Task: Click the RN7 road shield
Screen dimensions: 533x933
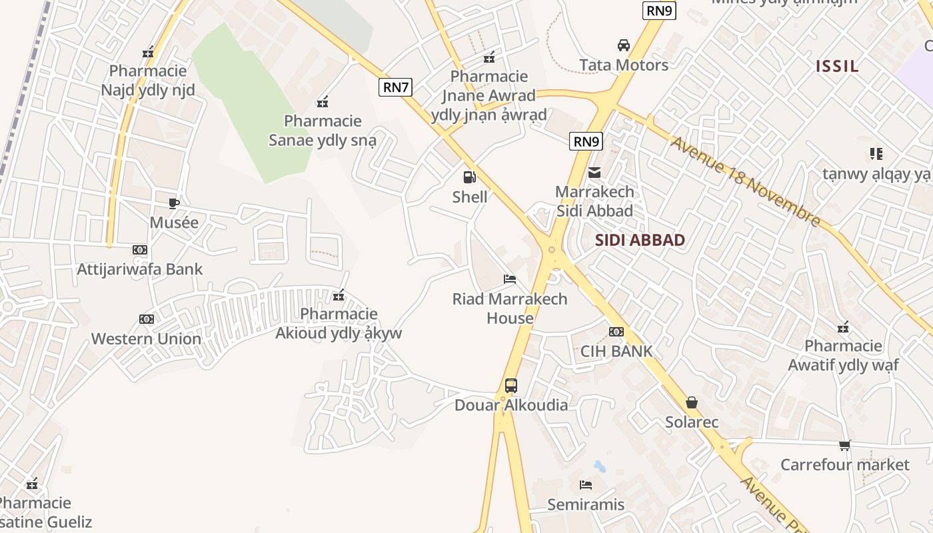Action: (396, 87)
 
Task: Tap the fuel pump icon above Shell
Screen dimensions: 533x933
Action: (470, 177)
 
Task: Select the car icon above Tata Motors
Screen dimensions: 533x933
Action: (624, 45)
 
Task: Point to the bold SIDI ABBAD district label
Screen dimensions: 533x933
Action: (640, 241)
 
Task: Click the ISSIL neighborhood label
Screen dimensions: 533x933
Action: (838, 66)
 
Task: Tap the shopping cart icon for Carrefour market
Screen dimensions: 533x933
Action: (845, 445)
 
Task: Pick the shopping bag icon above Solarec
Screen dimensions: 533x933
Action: (692, 402)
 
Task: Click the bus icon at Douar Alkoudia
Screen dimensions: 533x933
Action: (511, 385)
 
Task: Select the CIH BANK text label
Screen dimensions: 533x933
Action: (616, 351)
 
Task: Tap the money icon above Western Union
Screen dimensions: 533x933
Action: (147, 319)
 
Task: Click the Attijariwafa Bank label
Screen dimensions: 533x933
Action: (140, 269)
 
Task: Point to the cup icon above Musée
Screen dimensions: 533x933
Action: (174, 203)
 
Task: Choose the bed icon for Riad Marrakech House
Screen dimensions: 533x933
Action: (510, 279)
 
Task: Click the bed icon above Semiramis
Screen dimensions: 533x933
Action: (586, 485)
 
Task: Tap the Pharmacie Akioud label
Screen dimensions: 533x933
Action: (339, 323)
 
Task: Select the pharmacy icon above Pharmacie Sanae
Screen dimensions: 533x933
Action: (323, 102)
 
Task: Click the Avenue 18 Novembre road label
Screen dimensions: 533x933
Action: (745, 181)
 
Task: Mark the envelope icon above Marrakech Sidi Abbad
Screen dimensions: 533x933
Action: (594, 173)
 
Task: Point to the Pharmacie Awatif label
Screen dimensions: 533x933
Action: (843, 355)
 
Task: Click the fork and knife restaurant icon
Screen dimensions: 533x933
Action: (876, 154)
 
